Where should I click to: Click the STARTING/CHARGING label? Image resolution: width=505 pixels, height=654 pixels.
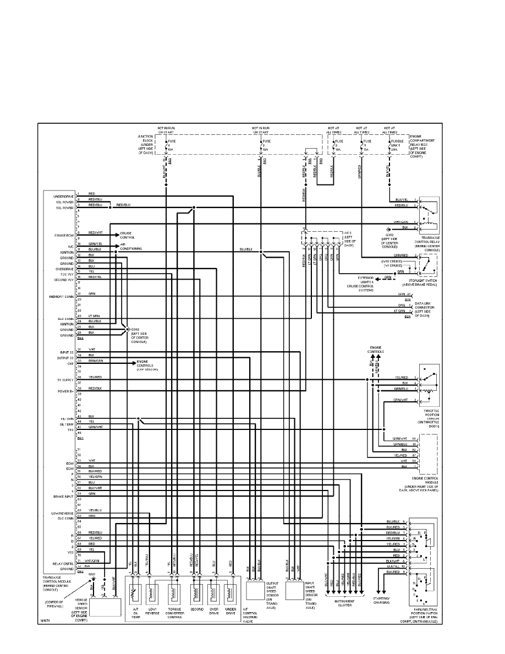tap(381, 599)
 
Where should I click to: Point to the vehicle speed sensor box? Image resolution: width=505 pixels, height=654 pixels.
tap(106, 607)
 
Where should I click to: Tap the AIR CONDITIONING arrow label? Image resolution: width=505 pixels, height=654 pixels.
tap(131, 247)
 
